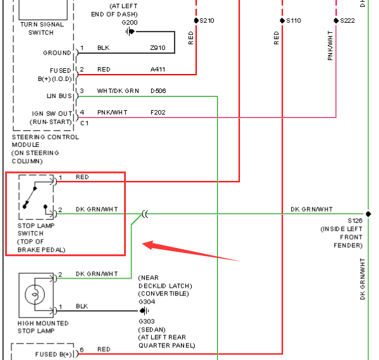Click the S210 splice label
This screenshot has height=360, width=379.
coord(207,21)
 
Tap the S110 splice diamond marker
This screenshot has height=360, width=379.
coord(282,20)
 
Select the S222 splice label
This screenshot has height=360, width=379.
coord(347,21)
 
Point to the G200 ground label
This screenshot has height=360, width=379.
coord(130,23)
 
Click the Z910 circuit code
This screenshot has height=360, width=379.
coord(158,48)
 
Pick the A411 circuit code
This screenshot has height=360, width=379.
coord(158,70)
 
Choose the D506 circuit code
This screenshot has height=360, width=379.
coord(158,91)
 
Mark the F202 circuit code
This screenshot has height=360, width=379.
coord(158,113)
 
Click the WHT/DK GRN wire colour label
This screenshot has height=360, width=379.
coord(118,91)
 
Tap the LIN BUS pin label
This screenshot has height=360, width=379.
coord(59,96)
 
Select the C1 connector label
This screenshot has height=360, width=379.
coord(84,123)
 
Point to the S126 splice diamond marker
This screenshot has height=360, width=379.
coord(368,214)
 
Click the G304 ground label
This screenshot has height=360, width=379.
coord(147,302)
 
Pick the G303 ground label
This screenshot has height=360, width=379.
coord(147,321)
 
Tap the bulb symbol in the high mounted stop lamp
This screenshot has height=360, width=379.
coord(35,294)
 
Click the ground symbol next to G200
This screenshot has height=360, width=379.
coord(130,32)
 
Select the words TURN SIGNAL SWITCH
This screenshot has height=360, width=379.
coord(42,28)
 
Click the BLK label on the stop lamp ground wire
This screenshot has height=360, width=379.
coord(82,306)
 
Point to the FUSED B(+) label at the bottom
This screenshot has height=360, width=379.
coord(54,354)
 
